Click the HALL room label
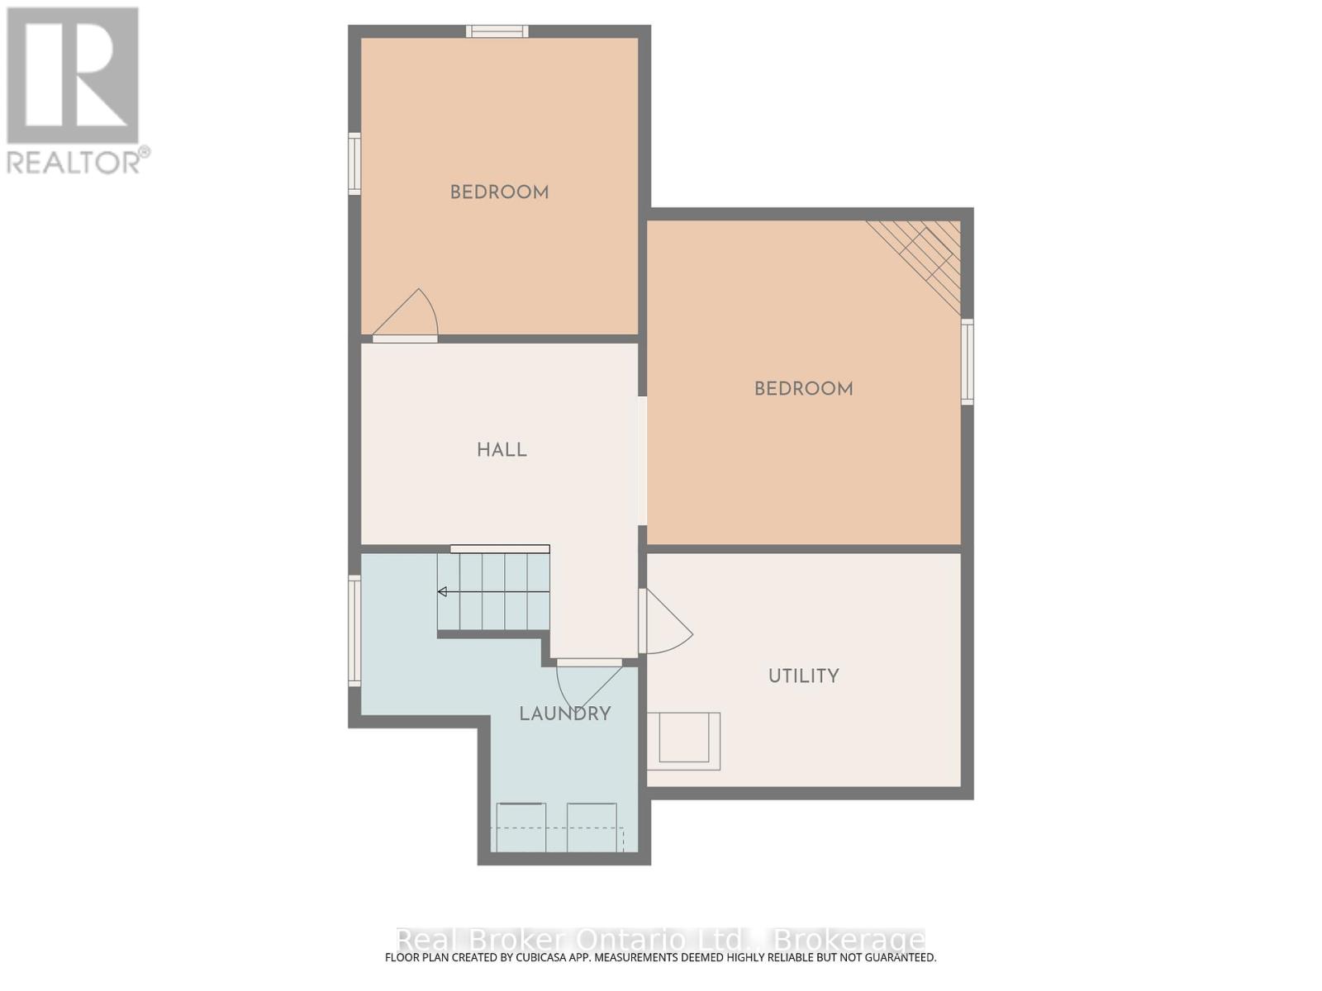coord(502,450)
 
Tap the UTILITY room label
coord(803,676)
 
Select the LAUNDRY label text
coord(565,714)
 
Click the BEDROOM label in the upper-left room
coord(499,192)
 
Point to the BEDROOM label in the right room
coord(803,389)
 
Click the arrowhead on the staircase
coord(443,591)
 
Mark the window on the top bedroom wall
coord(497,31)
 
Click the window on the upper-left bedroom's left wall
coord(354,164)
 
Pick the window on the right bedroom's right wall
coord(968,362)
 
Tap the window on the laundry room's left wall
coord(354,631)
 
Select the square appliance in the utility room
coord(683,741)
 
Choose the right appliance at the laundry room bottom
coord(592,827)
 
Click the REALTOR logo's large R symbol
coord(73,75)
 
